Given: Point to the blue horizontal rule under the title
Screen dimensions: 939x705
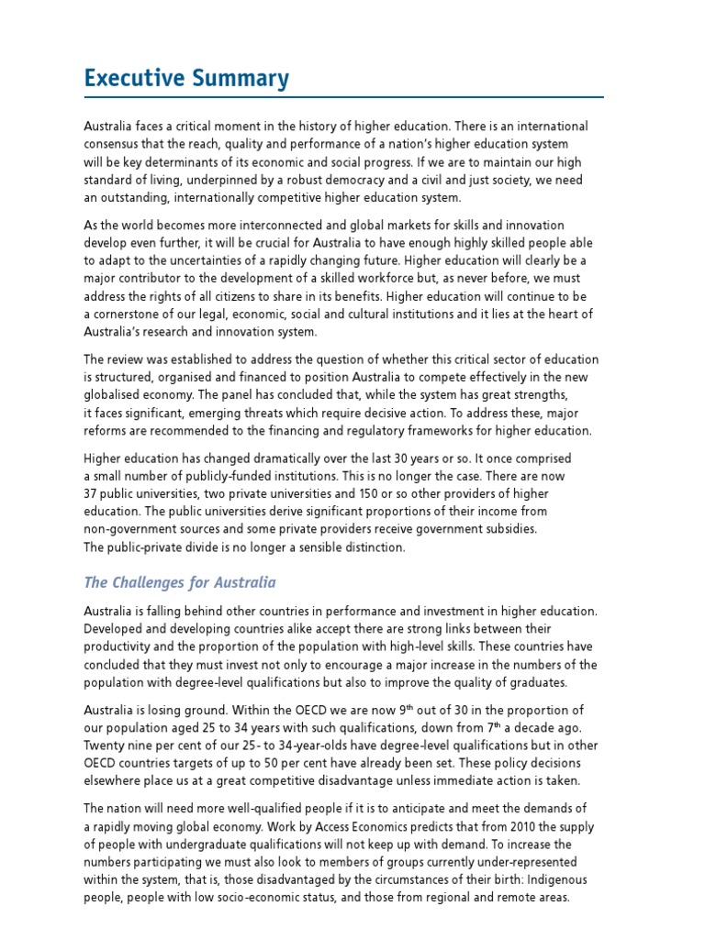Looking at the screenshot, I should tap(343, 96).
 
